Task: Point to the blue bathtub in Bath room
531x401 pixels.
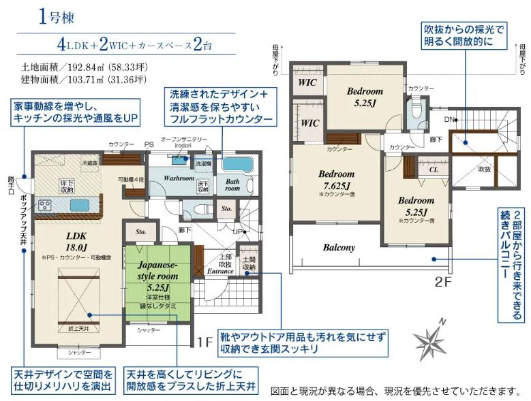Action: [237, 164]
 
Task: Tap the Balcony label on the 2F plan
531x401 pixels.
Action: [339, 248]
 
